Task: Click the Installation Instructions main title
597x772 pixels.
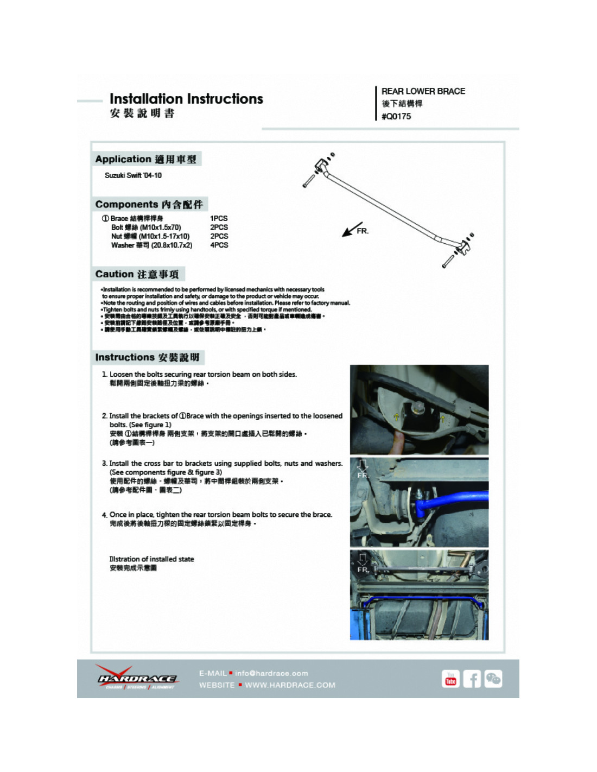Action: [186, 99]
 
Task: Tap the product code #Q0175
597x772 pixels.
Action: [396, 116]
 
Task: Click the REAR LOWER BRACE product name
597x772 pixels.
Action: [423, 91]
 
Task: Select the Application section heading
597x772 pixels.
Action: [145, 159]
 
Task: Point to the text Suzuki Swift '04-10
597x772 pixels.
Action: [133, 175]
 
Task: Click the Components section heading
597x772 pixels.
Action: [149, 204]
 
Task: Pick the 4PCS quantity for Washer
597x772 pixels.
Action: [219, 245]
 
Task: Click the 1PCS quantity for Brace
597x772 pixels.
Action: [219, 218]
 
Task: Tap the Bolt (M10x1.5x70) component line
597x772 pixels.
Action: [146, 227]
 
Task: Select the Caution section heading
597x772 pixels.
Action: [137, 274]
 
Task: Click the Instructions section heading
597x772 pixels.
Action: [147, 357]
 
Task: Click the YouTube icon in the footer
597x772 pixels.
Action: [450, 679]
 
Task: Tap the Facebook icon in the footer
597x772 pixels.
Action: [472, 679]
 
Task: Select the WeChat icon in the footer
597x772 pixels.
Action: [493, 679]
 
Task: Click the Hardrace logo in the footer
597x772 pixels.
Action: [137, 679]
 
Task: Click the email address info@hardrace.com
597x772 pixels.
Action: [271, 673]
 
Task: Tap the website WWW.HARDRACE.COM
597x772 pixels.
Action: [290, 685]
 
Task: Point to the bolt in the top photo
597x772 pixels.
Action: [418, 406]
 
